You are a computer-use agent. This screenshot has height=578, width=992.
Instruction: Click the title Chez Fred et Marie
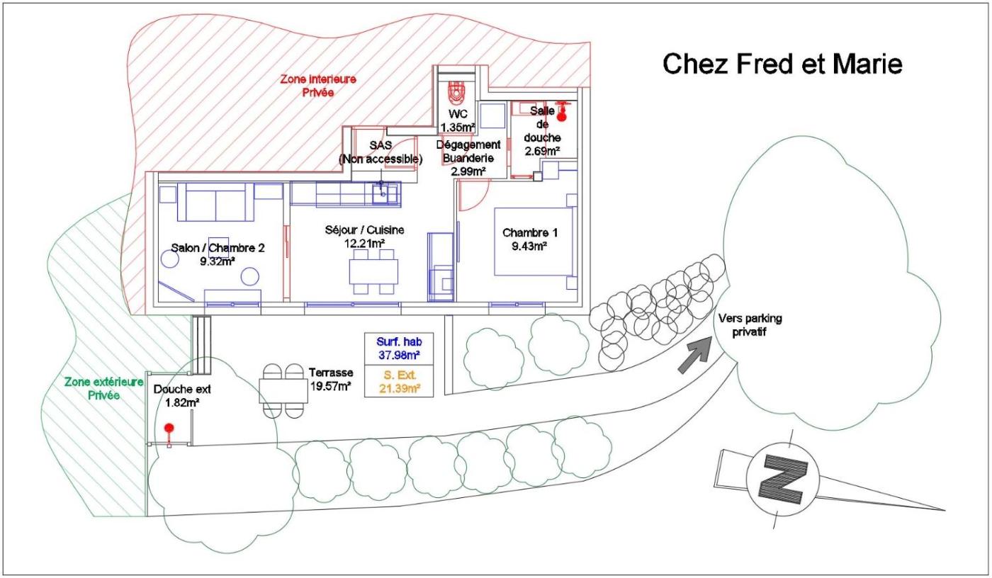coord(782,64)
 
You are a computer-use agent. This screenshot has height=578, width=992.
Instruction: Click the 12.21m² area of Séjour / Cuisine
coord(366,244)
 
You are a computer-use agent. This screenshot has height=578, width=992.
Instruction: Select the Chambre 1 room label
coord(525,239)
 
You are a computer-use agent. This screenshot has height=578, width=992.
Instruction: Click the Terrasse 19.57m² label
coord(331,379)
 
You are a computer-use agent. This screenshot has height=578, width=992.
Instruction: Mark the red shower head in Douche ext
coord(169,428)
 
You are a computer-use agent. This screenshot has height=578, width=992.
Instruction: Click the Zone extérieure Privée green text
coord(103,388)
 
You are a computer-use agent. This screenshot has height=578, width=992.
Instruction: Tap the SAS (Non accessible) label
coord(381,152)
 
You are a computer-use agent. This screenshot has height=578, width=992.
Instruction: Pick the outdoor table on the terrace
coord(283,390)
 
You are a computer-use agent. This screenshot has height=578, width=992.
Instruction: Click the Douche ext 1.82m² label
coord(182,395)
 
